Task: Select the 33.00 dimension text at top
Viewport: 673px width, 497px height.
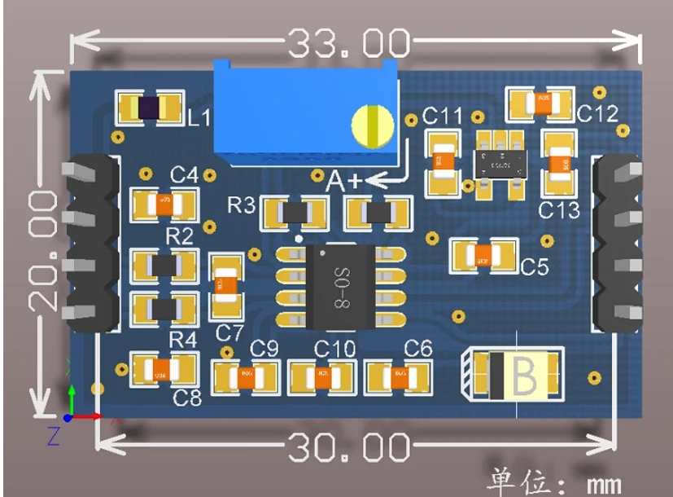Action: [347, 43]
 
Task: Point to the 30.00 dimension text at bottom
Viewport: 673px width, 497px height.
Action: [347, 446]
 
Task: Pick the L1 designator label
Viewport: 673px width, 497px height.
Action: [199, 118]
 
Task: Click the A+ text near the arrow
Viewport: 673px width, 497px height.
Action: [343, 181]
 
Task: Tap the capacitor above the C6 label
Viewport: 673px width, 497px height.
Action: [400, 376]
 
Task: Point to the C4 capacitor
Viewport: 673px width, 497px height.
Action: [165, 203]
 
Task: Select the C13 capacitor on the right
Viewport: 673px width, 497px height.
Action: [559, 163]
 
